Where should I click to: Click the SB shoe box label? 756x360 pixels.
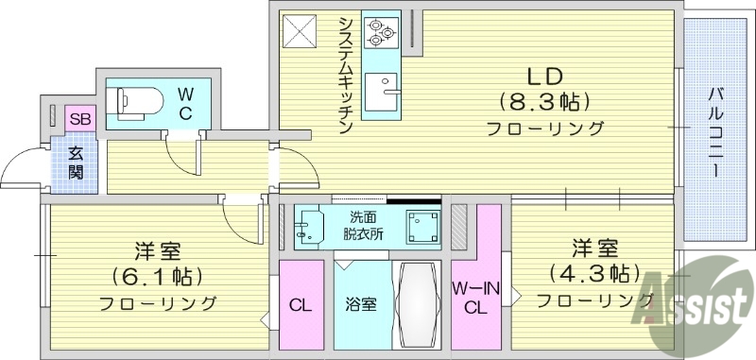[78, 120]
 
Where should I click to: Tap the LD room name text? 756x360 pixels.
[543, 75]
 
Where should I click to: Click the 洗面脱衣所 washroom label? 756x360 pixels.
[364, 226]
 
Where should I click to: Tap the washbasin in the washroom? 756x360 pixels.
[308, 228]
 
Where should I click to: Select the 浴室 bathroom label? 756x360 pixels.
[361, 304]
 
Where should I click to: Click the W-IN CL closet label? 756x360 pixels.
[475, 297]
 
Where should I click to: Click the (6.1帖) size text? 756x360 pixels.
[158, 279]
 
